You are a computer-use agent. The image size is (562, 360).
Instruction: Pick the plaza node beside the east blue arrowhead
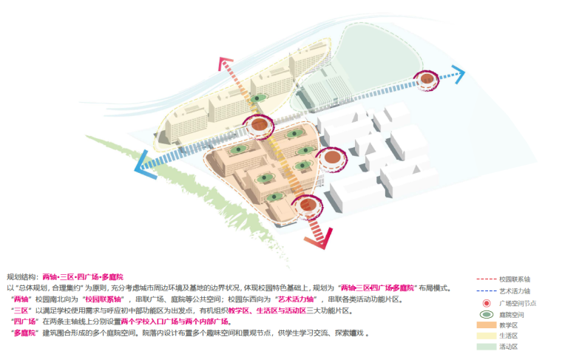point(427,78)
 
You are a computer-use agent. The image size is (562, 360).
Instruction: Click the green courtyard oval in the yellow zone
point(258,98)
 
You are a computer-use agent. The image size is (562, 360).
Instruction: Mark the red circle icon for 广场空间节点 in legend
point(486,303)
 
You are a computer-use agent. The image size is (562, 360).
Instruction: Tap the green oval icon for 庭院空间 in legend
point(486,314)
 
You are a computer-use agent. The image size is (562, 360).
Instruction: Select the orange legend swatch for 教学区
point(486,325)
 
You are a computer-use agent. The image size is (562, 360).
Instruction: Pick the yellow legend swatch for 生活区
point(486,336)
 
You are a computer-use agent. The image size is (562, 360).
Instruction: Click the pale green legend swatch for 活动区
point(486,346)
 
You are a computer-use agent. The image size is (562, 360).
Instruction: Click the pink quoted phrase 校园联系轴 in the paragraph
point(102,299)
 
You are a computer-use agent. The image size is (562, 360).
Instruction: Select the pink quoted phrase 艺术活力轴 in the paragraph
point(296,299)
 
